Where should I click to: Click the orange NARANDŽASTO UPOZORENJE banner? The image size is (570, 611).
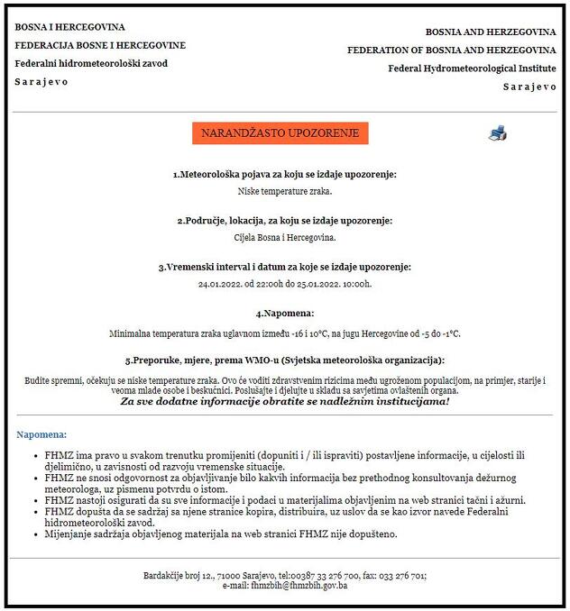tap(280, 133)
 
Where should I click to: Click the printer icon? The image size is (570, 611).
tap(498, 133)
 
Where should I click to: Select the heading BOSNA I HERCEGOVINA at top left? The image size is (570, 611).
tap(69, 27)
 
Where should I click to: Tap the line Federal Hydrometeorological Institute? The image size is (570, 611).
tap(472, 68)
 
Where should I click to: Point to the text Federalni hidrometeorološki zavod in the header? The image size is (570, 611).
tap(91, 63)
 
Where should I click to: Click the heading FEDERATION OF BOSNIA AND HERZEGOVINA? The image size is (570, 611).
tap(451, 50)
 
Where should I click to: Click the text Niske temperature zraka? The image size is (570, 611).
tap(285, 191)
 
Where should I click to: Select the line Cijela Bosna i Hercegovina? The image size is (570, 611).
tap(285, 238)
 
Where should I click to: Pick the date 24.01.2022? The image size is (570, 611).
tap(220, 285)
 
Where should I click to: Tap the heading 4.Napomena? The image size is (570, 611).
tap(285, 314)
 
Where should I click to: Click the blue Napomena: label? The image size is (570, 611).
tap(41, 434)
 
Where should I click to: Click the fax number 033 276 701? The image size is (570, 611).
tap(402, 575)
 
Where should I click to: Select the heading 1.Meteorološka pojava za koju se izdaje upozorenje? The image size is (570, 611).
tap(285, 174)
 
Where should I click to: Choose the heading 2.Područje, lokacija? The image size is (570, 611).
tap(285, 221)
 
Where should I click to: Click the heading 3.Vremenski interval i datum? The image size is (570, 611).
tap(285, 268)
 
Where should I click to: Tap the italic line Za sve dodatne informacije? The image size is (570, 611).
tap(285, 401)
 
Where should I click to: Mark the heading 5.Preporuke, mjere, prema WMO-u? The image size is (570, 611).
tap(285, 360)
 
